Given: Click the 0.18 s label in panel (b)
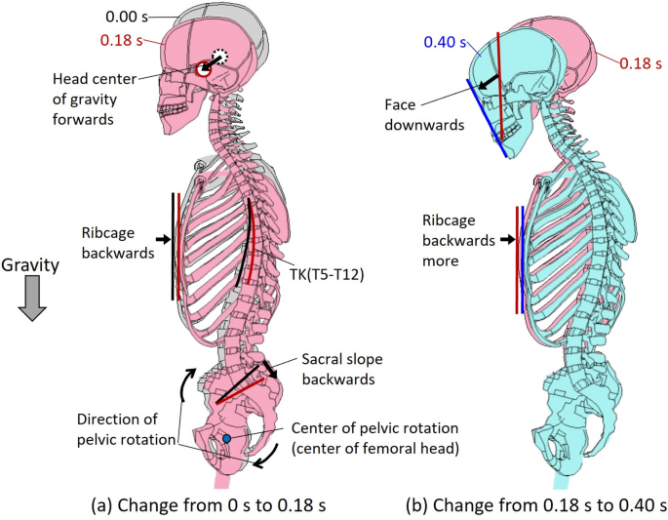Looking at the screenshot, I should (x=640, y=64).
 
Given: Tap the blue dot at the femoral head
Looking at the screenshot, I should (x=226, y=440).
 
